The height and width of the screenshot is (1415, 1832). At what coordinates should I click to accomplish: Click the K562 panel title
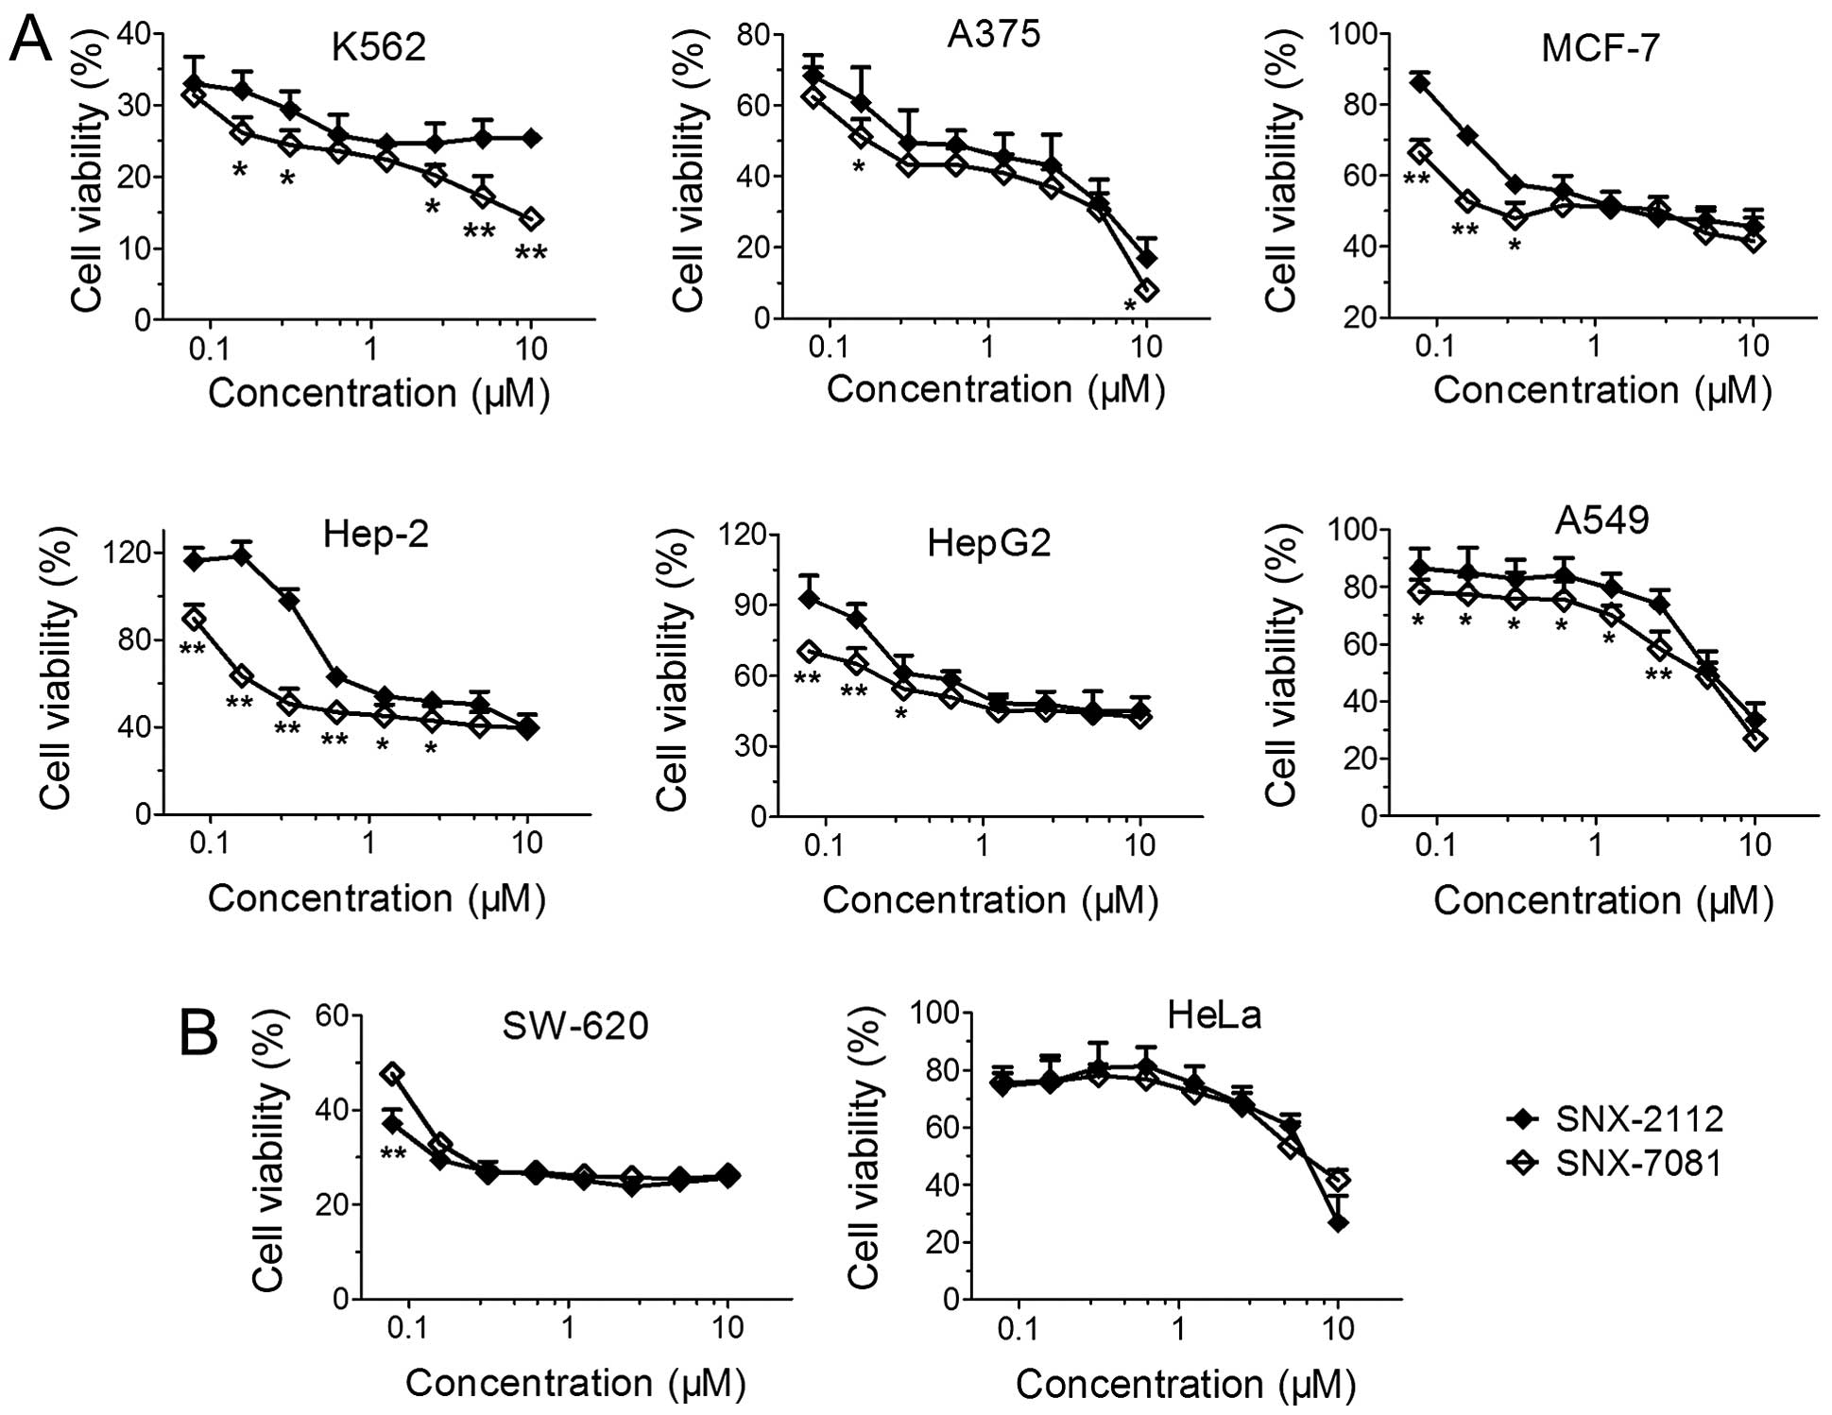tap(378, 46)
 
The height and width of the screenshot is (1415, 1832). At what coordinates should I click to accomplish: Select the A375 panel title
tap(993, 34)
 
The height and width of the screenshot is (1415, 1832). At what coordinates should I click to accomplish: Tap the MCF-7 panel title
tap(1600, 47)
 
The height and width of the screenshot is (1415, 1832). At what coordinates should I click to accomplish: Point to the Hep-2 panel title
tap(375, 535)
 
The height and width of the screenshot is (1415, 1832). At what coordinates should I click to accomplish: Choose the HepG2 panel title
tap(988, 543)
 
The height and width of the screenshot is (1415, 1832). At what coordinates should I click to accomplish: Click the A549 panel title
tap(1602, 520)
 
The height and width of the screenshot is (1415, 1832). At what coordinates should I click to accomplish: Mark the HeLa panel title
tap(1214, 1015)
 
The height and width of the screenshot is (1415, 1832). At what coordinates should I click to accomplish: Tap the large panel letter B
tap(198, 1033)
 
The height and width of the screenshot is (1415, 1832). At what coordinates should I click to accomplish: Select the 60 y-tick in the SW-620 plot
tap(332, 1015)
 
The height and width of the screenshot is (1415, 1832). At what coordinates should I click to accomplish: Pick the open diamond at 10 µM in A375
tap(1146, 290)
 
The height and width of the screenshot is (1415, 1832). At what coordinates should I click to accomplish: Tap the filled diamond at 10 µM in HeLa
tap(1337, 1222)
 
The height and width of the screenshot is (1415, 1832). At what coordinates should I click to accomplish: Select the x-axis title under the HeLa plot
tap(1186, 1385)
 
